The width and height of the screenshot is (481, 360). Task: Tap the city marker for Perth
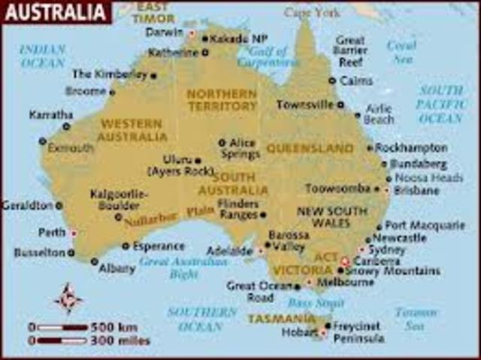pos(73,233)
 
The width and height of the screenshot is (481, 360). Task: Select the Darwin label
pos(165,32)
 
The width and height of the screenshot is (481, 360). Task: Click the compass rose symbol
pos(68,298)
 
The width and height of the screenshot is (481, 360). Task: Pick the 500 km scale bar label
pos(112,327)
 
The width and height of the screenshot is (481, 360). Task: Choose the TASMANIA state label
pos(282,319)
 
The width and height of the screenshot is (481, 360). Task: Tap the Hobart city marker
pos(322,331)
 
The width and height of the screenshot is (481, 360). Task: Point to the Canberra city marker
pos(345,261)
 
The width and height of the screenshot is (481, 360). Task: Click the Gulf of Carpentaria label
pos(263,58)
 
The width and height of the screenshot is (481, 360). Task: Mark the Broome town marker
pos(112,92)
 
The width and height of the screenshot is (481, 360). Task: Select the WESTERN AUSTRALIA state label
pos(133,130)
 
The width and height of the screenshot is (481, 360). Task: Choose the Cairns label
pos(355,80)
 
